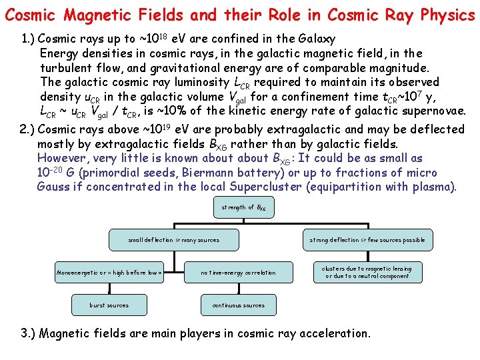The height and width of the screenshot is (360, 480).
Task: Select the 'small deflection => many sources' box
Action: click(x=173, y=240)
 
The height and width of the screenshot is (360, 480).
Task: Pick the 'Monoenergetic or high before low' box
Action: click(x=109, y=272)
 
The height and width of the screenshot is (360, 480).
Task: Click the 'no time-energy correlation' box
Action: click(x=238, y=272)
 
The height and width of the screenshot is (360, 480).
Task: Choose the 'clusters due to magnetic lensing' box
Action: click(x=367, y=272)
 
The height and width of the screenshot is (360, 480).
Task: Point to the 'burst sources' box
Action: click(x=109, y=305)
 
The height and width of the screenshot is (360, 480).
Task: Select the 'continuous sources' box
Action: click(x=238, y=305)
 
